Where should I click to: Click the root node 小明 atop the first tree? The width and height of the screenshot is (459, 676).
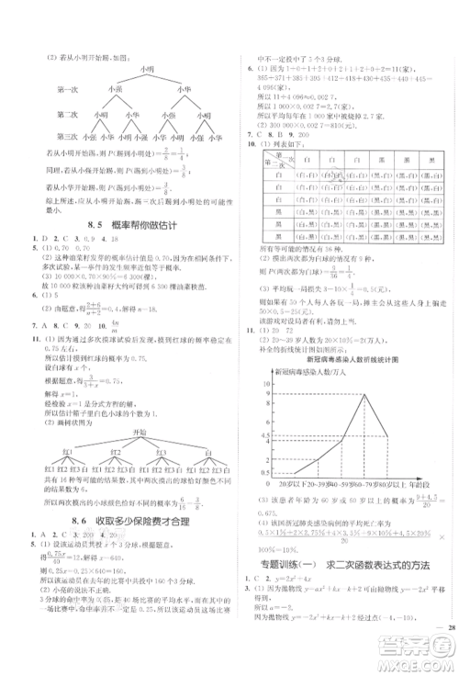(x=144, y=68)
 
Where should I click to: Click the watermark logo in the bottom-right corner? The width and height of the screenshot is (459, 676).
(x=426, y=654)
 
